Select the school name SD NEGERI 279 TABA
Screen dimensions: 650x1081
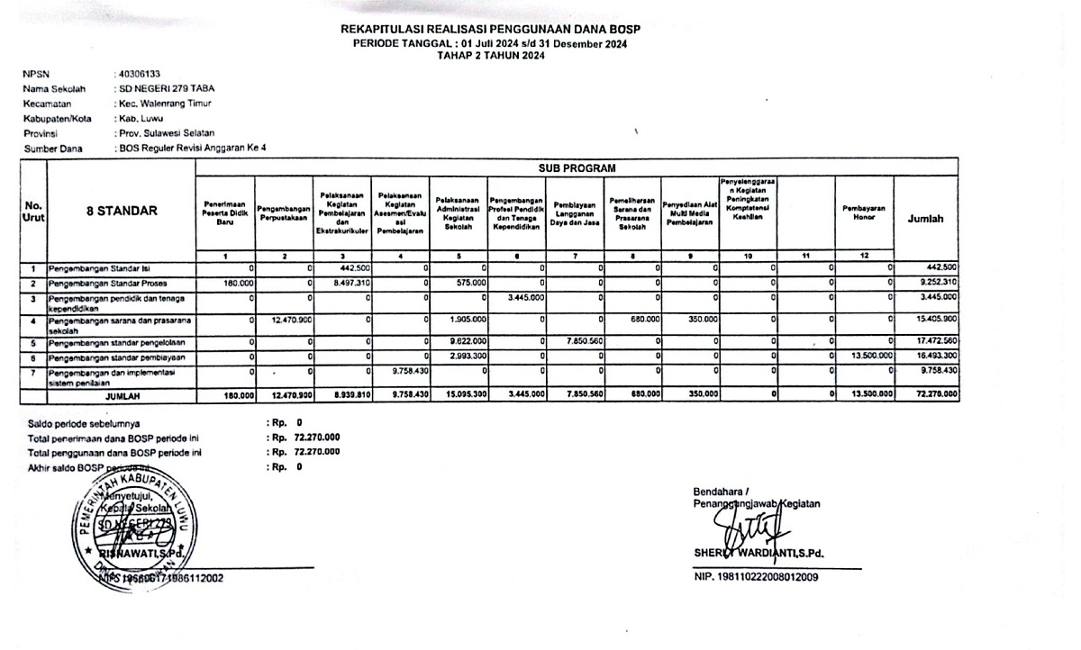tap(167, 88)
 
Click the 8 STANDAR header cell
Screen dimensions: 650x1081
tap(122, 212)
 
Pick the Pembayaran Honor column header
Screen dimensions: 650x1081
tap(864, 209)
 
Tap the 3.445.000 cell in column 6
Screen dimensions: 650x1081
tap(518, 297)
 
